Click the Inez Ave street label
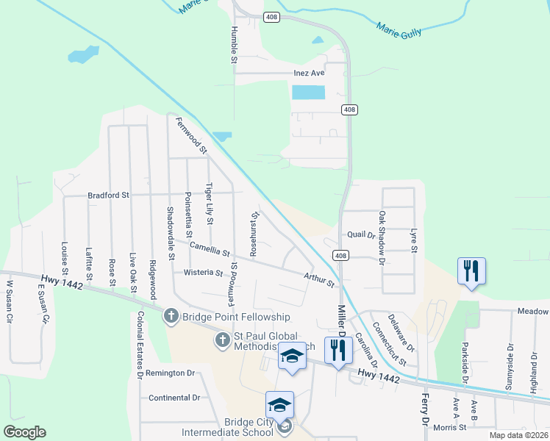coord(309,73)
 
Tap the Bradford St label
coord(108,196)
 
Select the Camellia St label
coord(210,250)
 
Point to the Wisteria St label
coord(203,273)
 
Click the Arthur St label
coord(319,279)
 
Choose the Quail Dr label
coord(361,234)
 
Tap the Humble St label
coord(235,44)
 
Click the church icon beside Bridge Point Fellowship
coord(171,316)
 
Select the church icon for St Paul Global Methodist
coord(223,340)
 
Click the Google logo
coord(25,432)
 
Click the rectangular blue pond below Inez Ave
coord(309,93)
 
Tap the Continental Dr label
coord(174,398)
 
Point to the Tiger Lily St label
coord(210,203)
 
